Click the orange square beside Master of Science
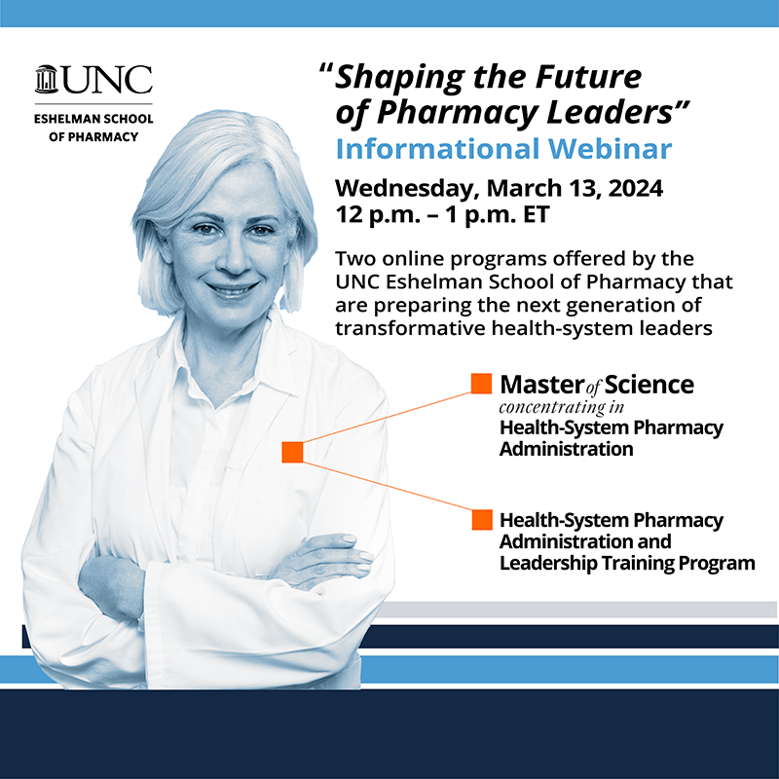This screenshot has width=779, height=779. (x=481, y=384)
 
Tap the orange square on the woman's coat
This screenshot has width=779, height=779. (x=293, y=452)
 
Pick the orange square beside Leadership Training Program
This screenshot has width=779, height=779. (x=481, y=520)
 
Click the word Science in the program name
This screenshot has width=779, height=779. (x=649, y=385)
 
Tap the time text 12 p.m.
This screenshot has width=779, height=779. (x=369, y=214)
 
